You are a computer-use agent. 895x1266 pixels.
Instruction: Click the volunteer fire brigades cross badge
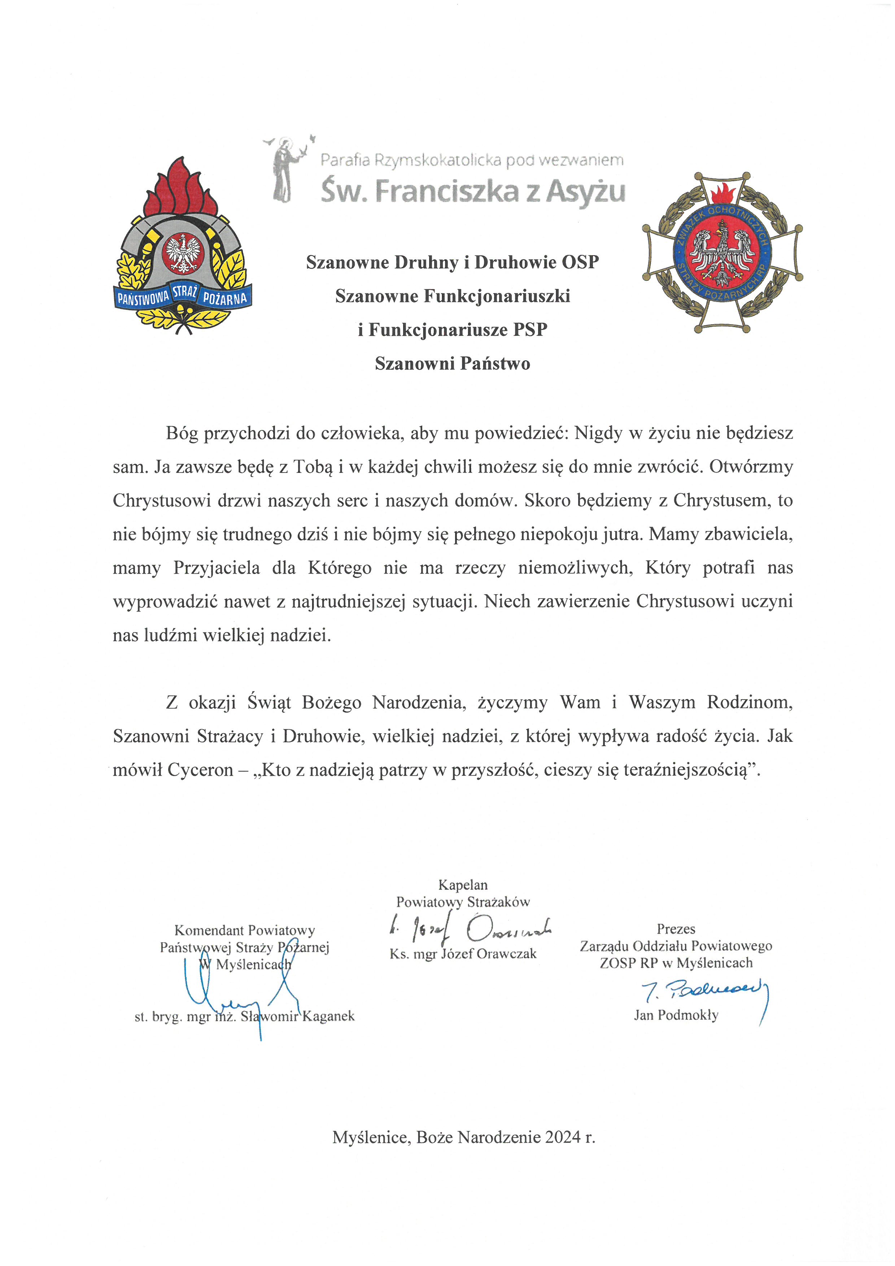(722, 253)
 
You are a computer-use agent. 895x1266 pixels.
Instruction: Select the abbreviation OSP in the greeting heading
(580, 262)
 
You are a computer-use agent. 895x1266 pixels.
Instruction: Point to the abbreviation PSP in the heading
(530, 330)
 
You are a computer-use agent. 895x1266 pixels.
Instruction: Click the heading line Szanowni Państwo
(453, 364)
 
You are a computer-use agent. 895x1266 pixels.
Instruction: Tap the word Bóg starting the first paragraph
(182, 434)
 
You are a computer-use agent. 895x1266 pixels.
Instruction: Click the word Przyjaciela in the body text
(217, 567)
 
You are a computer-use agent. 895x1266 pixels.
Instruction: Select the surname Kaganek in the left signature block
(328, 1016)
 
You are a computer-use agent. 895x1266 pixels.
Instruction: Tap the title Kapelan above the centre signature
(463, 885)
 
